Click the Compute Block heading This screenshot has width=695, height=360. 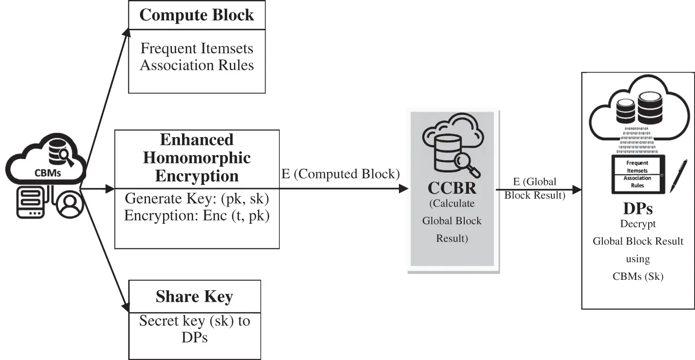pyautogui.click(x=197, y=15)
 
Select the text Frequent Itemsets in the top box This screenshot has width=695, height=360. pyautogui.click(x=197, y=48)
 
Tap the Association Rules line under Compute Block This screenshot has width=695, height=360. pyautogui.click(x=197, y=65)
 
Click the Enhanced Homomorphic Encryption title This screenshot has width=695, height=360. pyautogui.click(x=197, y=158)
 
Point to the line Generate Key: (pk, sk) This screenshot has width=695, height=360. pyautogui.click(x=197, y=198)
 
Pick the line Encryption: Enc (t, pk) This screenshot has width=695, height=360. pyautogui.click(x=197, y=215)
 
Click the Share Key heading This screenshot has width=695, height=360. pyautogui.click(x=194, y=297)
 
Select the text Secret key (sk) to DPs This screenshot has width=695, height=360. pyautogui.click(x=195, y=329)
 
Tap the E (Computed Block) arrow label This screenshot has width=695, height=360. pyautogui.click(x=341, y=174)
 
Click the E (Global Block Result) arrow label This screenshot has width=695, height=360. pyautogui.click(x=535, y=189)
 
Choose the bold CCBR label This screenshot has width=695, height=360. pyautogui.click(x=452, y=188)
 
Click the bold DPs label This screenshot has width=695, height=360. pyautogui.click(x=638, y=208)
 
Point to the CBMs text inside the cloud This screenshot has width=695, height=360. pyautogui.click(x=47, y=173)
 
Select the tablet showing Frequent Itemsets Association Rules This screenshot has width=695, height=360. pyautogui.click(x=638, y=174)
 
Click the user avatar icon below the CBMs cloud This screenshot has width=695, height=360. pyautogui.click(x=70, y=204)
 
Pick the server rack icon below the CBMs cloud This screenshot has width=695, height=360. pyautogui.click(x=31, y=202)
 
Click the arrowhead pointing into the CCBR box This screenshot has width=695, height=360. pyautogui.click(x=404, y=189)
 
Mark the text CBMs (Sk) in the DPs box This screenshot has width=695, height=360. pyautogui.click(x=638, y=276)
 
